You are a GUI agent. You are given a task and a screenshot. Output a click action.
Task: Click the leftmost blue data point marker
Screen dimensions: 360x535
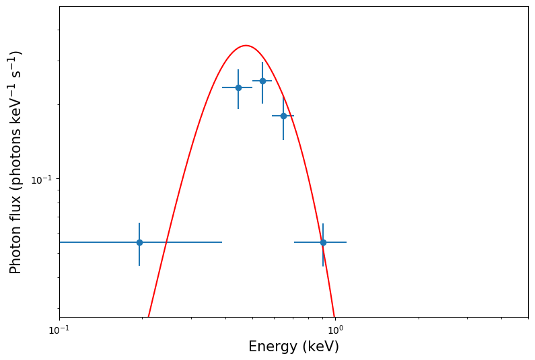pos(139,242)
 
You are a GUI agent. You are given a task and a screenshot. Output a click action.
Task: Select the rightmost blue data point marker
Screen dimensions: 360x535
pos(323,242)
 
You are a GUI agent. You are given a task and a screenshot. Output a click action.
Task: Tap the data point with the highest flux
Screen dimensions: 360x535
pos(262,81)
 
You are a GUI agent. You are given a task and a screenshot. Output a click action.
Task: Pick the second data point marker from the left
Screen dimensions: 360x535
pos(238,87)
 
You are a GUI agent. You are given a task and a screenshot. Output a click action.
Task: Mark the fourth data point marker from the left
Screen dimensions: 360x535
pos(283,116)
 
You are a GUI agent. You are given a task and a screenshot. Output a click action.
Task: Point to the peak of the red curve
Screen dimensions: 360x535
pos(246,46)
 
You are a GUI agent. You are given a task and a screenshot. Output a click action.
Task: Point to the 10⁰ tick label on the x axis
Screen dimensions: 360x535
pos(335,330)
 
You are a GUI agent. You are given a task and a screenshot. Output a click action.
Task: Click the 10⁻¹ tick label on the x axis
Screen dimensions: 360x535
pos(59,330)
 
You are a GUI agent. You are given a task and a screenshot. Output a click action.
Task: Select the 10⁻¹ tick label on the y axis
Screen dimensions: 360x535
pos(43,179)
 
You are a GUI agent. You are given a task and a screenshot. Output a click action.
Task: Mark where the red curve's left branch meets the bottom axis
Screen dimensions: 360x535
pos(149,316)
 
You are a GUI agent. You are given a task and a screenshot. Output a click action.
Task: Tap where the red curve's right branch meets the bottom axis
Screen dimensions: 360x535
pos(334,316)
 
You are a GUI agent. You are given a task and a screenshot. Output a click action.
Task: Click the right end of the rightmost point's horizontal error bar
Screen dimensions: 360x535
pos(347,242)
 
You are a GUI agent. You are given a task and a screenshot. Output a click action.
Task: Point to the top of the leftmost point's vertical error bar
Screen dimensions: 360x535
pos(139,223)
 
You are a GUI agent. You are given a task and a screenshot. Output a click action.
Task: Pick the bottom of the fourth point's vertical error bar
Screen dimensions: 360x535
pos(283,140)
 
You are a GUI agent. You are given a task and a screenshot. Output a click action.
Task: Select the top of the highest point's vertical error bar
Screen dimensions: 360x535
pos(262,62)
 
